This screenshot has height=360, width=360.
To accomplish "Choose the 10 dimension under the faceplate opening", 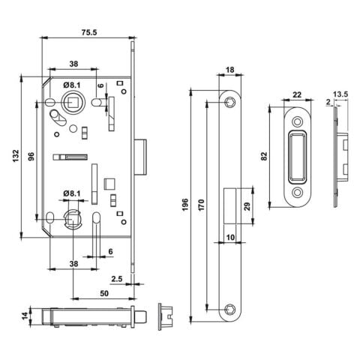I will tap(230, 238).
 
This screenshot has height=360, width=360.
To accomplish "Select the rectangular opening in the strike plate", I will tap(295, 155).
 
